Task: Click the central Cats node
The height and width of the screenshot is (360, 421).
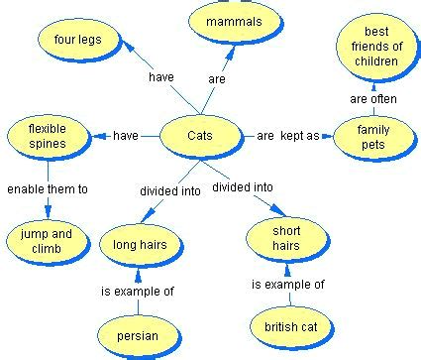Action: pos(201,137)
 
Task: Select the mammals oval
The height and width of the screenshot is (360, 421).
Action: pos(236,22)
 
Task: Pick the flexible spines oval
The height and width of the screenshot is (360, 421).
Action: pos(49,137)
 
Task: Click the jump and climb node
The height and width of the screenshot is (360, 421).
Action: pos(48,241)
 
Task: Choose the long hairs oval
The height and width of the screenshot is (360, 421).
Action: pos(142,245)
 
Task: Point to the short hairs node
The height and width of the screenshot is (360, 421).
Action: pos(288,239)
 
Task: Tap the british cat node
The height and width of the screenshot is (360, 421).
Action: pos(292,327)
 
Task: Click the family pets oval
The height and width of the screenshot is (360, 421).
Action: pos(375,138)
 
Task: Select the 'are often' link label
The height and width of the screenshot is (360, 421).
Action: pos(373,99)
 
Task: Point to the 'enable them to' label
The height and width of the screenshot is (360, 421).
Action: pos(48,189)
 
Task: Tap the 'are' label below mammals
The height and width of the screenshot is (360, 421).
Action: pos(217,79)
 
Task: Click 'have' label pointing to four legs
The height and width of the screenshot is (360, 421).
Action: pos(161,77)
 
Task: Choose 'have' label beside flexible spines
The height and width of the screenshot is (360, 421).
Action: pos(126,136)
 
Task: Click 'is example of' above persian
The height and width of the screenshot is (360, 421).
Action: pos(138,292)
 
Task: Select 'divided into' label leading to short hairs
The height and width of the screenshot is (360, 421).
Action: pos(243,187)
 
